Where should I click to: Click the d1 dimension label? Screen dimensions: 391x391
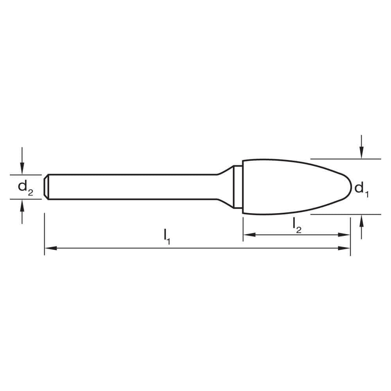(x=361, y=189)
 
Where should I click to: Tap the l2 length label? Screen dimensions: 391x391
(x=297, y=225)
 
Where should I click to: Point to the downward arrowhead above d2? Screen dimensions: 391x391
(x=22, y=170)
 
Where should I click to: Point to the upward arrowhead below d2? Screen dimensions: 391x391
(x=22, y=204)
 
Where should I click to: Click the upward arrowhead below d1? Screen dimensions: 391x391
(x=362, y=219)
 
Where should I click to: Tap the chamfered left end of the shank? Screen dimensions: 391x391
(x=46, y=187)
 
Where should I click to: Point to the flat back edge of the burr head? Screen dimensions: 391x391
(x=243, y=187)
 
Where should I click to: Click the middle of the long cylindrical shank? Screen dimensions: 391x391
(x=133, y=187)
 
